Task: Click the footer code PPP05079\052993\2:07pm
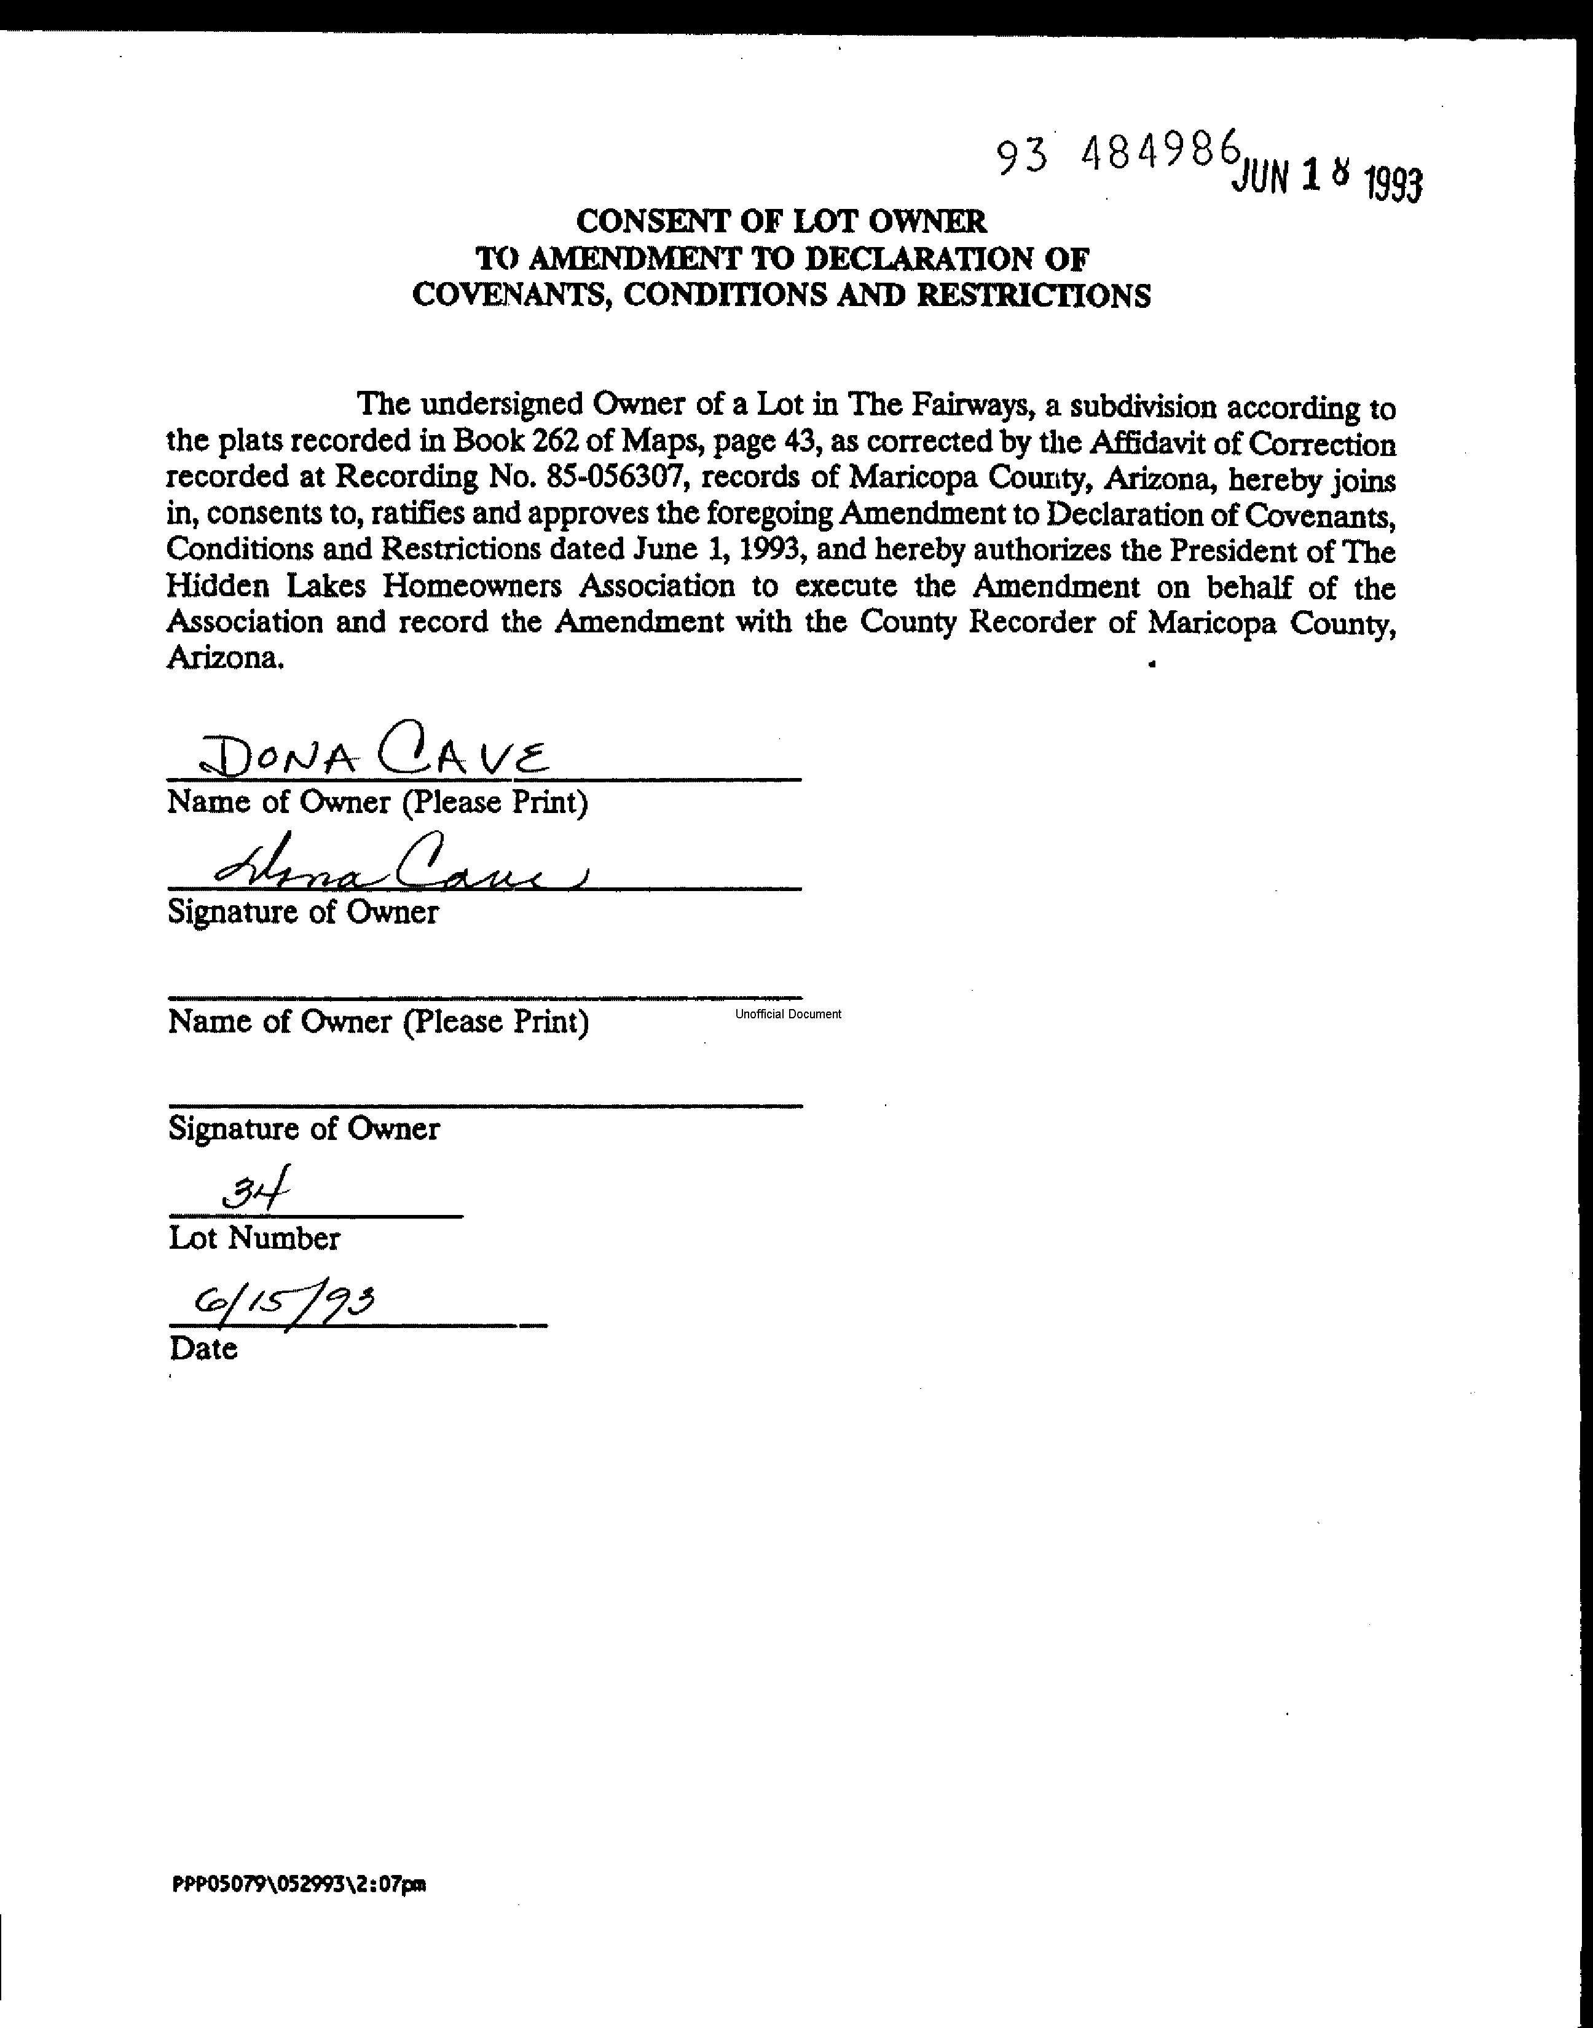click(x=299, y=1884)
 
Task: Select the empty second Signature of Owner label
click(x=303, y=1129)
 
